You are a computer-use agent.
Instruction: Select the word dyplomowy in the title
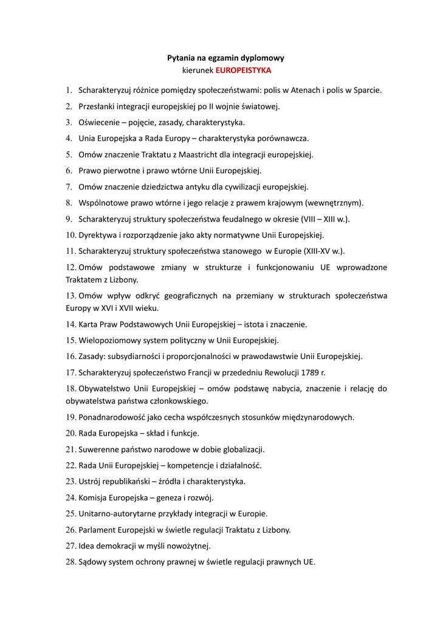click(x=263, y=58)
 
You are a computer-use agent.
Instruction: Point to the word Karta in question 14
click(x=89, y=324)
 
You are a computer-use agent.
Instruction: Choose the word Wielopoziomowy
click(x=110, y=340)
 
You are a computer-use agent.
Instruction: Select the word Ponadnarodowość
click(x=115, y=417)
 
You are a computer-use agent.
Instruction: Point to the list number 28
click(x=70, y=562)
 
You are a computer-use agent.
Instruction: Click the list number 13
click(x=70, y=296)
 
